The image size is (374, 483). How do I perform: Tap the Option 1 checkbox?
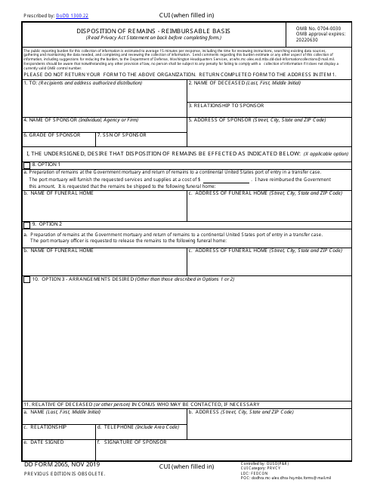[27, 165]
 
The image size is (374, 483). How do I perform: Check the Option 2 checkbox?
[27, 225]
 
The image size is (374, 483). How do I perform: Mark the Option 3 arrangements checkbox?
[27, 280]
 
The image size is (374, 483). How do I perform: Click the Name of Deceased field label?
[233, 83]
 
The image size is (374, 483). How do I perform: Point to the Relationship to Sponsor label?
[227, 105]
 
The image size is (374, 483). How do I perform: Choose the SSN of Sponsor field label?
[122, 135]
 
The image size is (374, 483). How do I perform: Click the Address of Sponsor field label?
[257, 120]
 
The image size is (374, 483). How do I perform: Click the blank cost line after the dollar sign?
[227, 180]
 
